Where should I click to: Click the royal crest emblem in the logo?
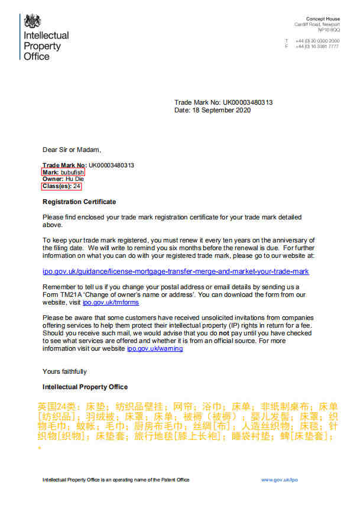coord(33,22)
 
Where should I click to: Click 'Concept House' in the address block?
coord(323,20)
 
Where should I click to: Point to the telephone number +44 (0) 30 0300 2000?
coord(318,41)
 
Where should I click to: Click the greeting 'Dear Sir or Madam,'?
coord(68,150)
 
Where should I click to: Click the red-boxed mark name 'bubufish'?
coord(74,172)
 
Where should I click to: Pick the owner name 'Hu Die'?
coord(74,179)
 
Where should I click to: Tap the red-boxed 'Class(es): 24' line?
coord(61,186)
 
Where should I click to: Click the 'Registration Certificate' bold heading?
coord(79,202)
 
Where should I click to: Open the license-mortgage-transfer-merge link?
coord(176,271)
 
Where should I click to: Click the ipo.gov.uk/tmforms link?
coord(119,302)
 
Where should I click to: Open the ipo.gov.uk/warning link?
coord(155,349)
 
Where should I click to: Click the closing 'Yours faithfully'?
coord(64,371)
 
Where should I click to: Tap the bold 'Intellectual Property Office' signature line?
coord(85,387)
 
